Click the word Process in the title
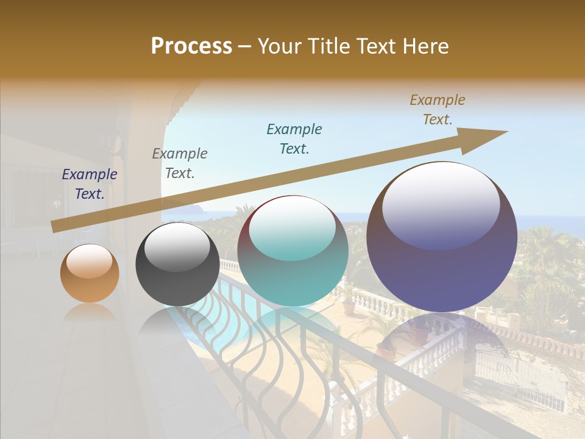point(191,46)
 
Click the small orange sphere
point(90,273)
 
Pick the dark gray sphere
point(177,264)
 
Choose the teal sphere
point(292,251)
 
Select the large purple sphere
point(442,237)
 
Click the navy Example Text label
point(90,184)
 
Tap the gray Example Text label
point(180,163)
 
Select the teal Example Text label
point(294,138)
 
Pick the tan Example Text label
point(438,110)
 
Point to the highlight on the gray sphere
point(177,247)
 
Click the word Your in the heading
point(278,46)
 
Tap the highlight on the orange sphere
point(89,262)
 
